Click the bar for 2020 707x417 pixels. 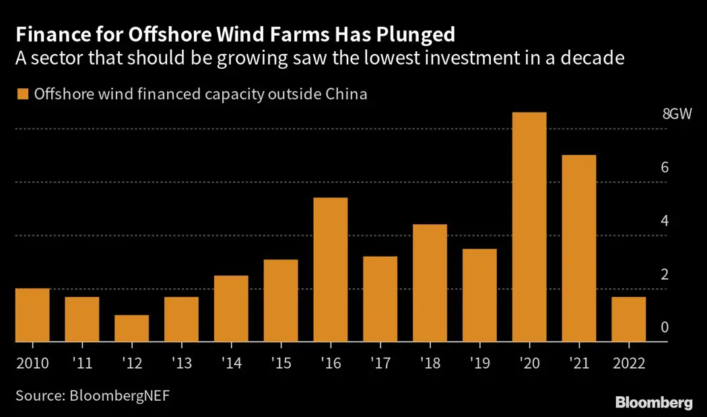pyautogui.click(x=529, y=228)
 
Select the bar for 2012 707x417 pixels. pyautogui.click(x=131, y=329)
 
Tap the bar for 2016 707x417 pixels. pyautogui.click(x=331, y=270)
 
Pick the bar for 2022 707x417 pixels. pyautogui.click(x=629, y=319)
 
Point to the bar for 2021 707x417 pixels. pyautogui.click(x=579, y=249)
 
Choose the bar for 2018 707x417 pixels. pyautogui.click(x=430, y=283)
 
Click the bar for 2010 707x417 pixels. pyautogui.click(x=32, y=315)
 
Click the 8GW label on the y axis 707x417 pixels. pyautogui.click(x=677, y=114)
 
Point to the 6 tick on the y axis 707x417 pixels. pyautogui.click(x=665, y=168)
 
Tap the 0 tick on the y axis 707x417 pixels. pyautogui.click(x=665, y=328)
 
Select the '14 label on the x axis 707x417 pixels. pyautogui.click(x=230, y=363)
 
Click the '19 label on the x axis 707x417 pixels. pyautogui.click(x=479, y=363)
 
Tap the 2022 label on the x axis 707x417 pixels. pyautogui.click(x=629, y=363)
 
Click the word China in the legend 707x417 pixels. pyautogui.click(x=345, y=94)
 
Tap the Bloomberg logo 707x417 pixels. pyautogui.click(x=654, y=403)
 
